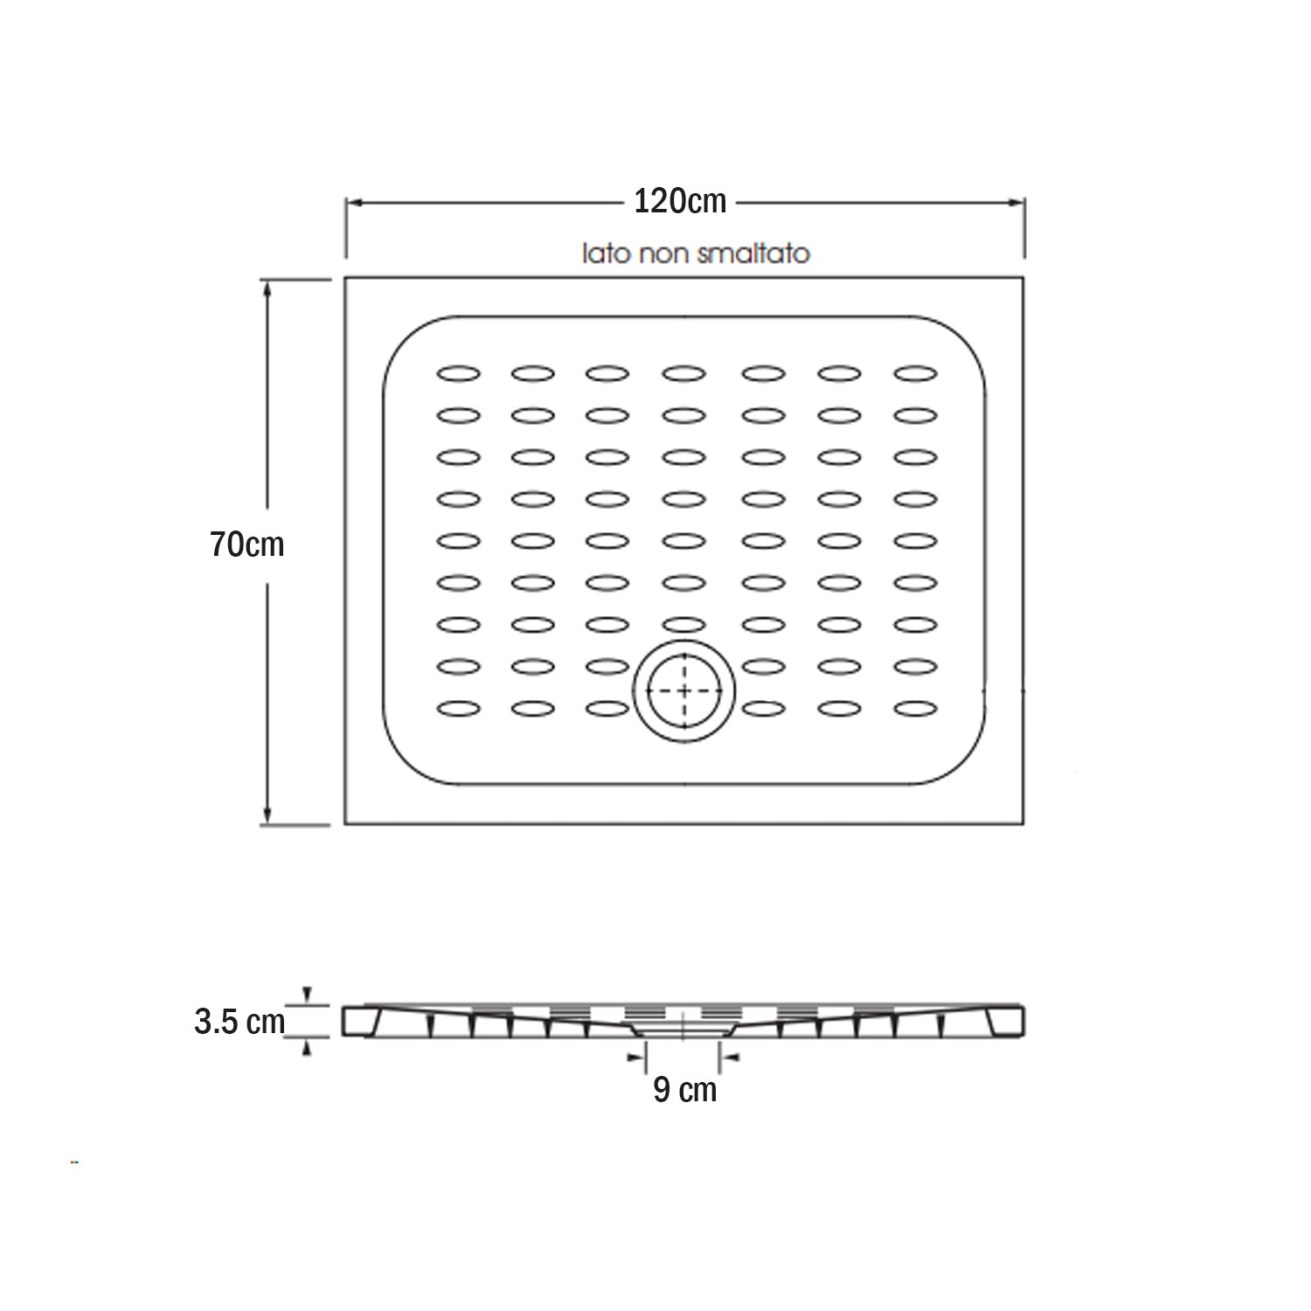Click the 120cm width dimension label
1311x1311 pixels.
[680, 202]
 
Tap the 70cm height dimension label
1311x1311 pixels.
[247, 545]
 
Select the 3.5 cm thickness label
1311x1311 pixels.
[239, 1021]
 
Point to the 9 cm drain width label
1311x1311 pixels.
[684, 1090]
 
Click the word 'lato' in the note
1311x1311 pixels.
[606, 253]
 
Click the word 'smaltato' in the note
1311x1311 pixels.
[766, 253]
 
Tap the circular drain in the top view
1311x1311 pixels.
[684, 691]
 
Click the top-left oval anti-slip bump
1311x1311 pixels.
[458, 374]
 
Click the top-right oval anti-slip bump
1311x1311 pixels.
[915, 374]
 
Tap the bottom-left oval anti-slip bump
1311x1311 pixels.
[458, 709]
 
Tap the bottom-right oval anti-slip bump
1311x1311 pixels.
[915, 709]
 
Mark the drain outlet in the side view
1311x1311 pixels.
[683, 1032]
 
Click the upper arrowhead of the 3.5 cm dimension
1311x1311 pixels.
[306, 995]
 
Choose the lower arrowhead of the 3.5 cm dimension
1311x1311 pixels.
[306, 1047]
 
